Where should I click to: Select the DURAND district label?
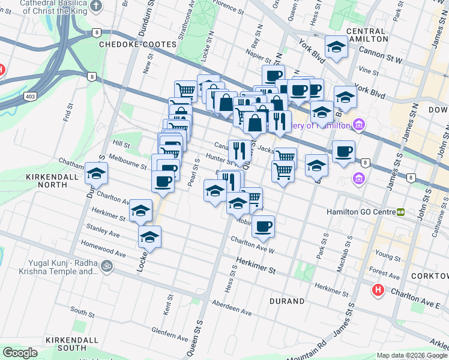[x=286, y=301]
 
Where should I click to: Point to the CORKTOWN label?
[x=430, y=275]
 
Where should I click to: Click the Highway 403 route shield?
[x=29, y=95]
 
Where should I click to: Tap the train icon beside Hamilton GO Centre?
[x=400, y=212]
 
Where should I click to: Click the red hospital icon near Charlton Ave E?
[x=378, y=290]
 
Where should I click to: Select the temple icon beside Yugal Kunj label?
[x=107, y=265]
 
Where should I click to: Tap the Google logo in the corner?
[x=20, y=353]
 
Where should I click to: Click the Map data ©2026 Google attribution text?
[x=412, y=356]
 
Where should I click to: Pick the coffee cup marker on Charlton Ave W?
[x=263, y=226]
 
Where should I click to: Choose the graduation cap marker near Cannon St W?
[x=336, y=46]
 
